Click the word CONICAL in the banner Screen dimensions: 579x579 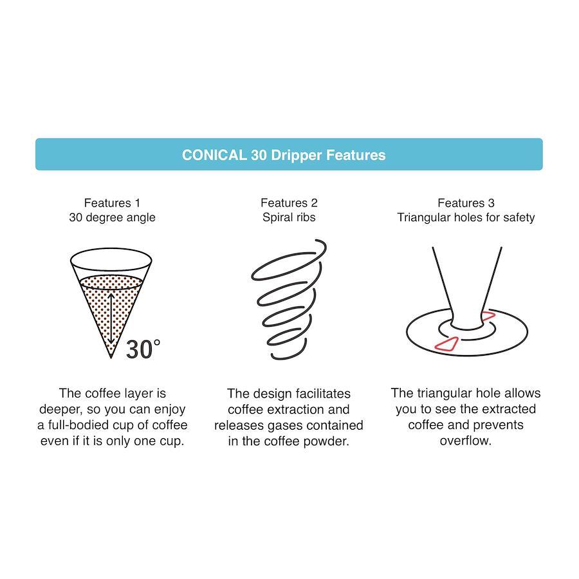(x=214, y=155)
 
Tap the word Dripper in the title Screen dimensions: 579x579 (x=297, y=156)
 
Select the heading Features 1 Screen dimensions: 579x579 (x=112, y=203)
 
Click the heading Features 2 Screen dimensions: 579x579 (x=289, y=203)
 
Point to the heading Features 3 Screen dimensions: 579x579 (x=466, y=203)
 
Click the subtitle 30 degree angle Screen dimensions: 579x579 (x=112, y=217)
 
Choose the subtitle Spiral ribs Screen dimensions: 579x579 (x=289, y=217)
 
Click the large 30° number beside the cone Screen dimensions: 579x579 (x=143, y=349)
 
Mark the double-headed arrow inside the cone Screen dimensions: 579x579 (x=111, y=318)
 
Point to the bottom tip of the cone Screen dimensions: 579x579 (x=111, y=358)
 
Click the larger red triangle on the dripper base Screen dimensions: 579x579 (x=447, y=344)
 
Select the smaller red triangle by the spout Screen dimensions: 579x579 (x=488, y=315)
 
